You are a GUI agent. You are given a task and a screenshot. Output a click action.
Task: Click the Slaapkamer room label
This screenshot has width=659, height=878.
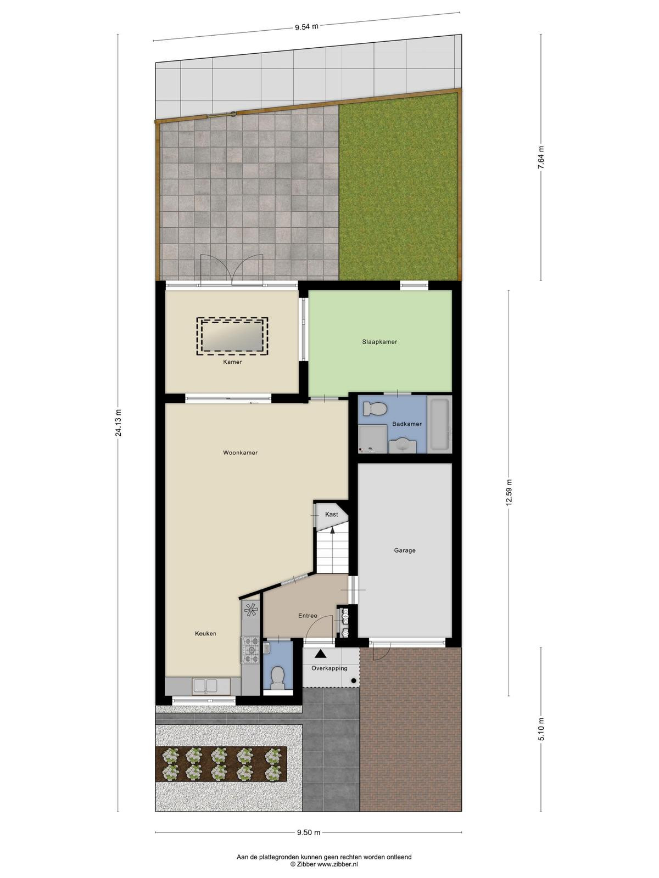pos(379,342)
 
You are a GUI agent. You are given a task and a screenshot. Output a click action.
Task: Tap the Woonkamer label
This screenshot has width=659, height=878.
pos(240,452)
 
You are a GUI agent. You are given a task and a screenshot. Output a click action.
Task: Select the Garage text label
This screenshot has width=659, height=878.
pos(405,550)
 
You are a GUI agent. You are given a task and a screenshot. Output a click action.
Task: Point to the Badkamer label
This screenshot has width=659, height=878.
pos(406,424)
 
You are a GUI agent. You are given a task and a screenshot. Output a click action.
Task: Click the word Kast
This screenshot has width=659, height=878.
pos(331,514)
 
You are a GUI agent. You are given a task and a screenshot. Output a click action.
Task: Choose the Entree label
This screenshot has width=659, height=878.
pos(308,616)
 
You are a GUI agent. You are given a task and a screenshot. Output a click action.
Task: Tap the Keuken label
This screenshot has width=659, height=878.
pos(205,633)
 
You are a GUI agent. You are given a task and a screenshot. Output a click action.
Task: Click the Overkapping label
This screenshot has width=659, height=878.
pos(329,668)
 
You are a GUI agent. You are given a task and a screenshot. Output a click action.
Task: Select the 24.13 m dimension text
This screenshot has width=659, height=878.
pos(118,423)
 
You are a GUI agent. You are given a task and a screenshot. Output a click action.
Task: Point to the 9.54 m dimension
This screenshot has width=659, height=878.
pos(306,27)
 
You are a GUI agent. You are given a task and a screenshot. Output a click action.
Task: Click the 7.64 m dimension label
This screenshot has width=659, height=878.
pos(541,157)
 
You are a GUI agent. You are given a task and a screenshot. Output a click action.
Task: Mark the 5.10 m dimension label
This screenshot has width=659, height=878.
pos(541,729)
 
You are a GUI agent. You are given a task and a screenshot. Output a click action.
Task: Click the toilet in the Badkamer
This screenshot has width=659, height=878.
pos(375,409)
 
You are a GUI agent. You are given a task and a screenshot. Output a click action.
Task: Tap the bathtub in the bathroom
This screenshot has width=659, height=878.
pos(440,425)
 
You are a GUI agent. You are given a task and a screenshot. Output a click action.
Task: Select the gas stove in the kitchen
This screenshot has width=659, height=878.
pos(251,650)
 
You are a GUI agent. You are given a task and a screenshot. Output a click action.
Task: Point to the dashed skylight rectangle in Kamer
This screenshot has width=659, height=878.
pos(232,336)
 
